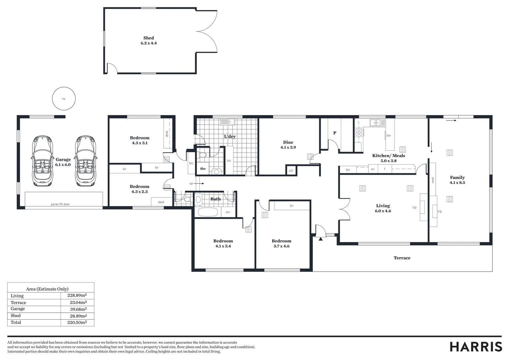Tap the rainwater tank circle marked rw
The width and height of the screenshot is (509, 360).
pyautogui.click(x=64, y=99)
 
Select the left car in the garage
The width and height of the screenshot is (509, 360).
pyautogui.click(x=42, y=161)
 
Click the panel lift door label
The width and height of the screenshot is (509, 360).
pyautogui.click(x=60, y=204)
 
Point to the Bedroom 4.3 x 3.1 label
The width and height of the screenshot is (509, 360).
pyautogui.click(x=140, y=140)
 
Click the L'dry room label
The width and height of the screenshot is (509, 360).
pyautogui.click(x=230, y=136)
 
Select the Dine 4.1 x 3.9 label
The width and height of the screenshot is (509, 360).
pyautogui.click(x=288, y=145)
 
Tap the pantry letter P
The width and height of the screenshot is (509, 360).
pyautogui.click(x=335, y=133)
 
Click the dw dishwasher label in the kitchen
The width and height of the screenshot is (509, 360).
pyautogui.click(x=388, y=135)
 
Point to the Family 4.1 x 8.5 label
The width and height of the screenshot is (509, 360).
pyautogui.click(x=457, y=180)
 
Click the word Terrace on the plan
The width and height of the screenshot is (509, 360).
pyautogui.click(x=402, y=258)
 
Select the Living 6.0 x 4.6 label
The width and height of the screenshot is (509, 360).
pyautogui.click(x=383, y=208)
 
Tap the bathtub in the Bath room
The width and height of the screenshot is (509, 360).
pyautogui.click(x=208, y=212)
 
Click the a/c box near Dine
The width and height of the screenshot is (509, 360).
pyautogui.click(x=291, y=170)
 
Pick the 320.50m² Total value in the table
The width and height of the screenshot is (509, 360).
pyautogui.click(x=77, y=322)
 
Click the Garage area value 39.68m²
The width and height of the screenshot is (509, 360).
pyautogui.click(x=77, y=309)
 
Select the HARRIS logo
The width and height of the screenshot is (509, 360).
pyautogui.click(x=476, y=347)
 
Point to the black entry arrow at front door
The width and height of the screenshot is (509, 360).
pyautogui.click(x=320, y=239)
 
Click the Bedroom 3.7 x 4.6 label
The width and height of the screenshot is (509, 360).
pyautogui.click(x=281, y=243)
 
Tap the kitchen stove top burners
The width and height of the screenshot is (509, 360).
pyautogui.click(x=359, y=132)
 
